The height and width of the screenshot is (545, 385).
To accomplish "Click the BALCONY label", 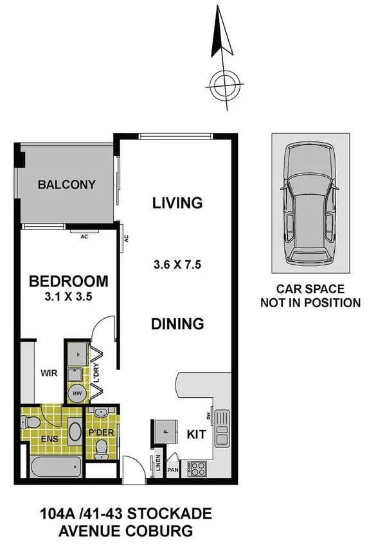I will [x=66, y=185].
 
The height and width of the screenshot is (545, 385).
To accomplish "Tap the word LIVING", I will [x=177, y=204].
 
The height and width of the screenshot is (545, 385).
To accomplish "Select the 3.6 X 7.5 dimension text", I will [x=178, y=264].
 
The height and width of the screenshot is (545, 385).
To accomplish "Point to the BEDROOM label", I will [x=67, y=281].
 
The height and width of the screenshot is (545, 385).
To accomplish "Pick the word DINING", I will [x=177, y=324].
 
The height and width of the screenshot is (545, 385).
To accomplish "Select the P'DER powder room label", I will [x=102, y=433].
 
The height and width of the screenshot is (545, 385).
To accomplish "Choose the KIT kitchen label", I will [x=197, y=434].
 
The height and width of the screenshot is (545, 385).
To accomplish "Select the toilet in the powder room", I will [x=101, y=452].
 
